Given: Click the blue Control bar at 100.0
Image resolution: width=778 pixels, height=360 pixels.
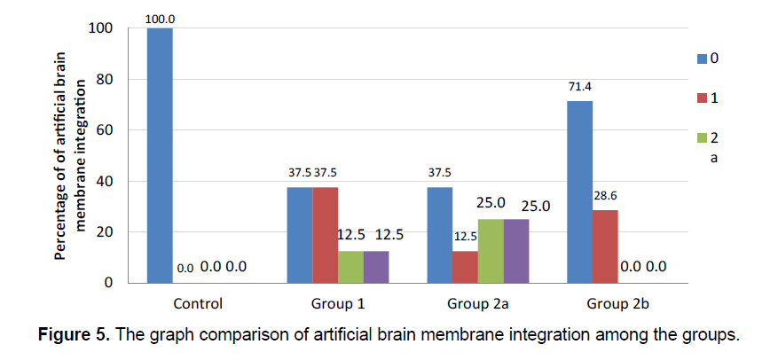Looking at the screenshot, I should point(160,155).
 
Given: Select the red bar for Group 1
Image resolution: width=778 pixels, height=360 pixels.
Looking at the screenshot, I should point(325,235).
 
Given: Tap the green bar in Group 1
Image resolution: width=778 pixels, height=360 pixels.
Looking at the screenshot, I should point(350,267).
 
